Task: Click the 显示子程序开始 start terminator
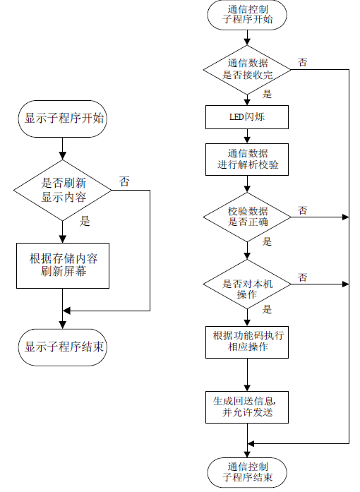pyautogui.click(x=62, y=119)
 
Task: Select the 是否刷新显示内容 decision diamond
pyautogui.click(x=62, y=190)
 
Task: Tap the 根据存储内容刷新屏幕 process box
pyautogui.click(x=63, y=265)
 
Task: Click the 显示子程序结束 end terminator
pyautogui.click(x=62, y=347)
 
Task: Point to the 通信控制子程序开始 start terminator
pyautogui.click(x=247, y=15)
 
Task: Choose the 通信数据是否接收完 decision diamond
pyautogui.click(x=247, y=70)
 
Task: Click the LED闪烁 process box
pyautogui.click(x=247, y=117)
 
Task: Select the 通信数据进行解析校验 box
pyautogui.click(x=247, y=160)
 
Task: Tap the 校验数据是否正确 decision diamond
pyautogui.click(x=247, y=217)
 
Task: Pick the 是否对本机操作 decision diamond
pyautogui.click(x=247, y=284)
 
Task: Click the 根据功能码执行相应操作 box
pyautogui.click(x=247, y=342)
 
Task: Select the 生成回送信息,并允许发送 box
pyautogui.click(x=247, y=407)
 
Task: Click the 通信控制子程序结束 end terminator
pyautogui.click(x=247, y=472)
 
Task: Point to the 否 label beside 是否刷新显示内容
pyautogui.click(x=124, y=181)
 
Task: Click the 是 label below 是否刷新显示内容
pyautogui.click(x=85, y=221)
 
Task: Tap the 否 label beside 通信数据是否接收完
pyautogui.click(x=303, y=62)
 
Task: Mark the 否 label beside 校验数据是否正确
pyautogui.click(x=303, y=210)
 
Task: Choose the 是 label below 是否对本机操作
pyautogui.click(x=267, y=309)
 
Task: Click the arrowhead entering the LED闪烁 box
pyautogui.click(x=247, y=102)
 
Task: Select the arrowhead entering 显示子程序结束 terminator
pyautogui.click(x=62, y=325)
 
